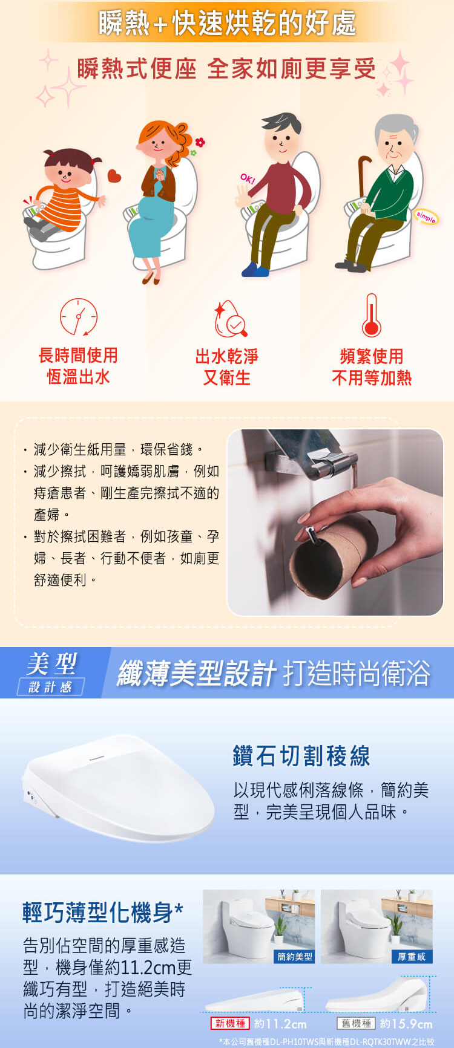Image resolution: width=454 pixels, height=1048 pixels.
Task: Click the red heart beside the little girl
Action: pos(114,176)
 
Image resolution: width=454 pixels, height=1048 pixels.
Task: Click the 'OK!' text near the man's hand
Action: pos(248,179)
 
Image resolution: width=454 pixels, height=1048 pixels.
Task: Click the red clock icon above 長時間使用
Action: pos(79,316)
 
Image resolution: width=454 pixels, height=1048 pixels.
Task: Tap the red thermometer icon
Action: pos(371,315)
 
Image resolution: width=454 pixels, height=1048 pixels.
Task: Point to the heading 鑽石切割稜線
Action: pos(301,756)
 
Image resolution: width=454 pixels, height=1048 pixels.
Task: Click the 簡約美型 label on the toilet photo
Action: pos(295,956)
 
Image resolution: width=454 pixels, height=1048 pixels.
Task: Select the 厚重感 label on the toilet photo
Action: pos(412,956)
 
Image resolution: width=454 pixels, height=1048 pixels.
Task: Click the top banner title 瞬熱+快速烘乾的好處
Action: pos(227,22)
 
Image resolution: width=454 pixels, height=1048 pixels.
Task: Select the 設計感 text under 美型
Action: pos(50,686)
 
